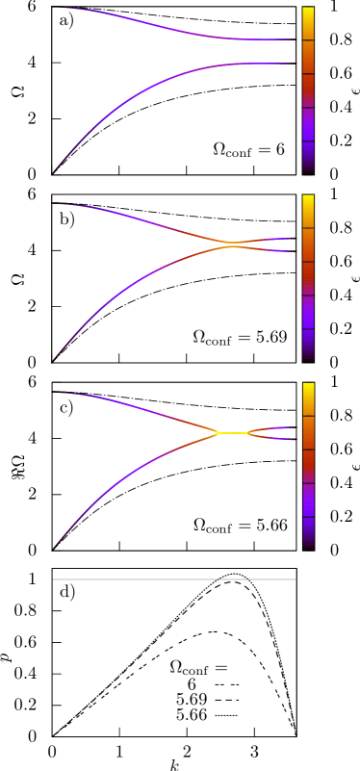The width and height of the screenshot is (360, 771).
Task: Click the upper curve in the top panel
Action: click(x=144, y=21)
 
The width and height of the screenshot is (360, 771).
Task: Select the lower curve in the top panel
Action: click(x=144, y=90)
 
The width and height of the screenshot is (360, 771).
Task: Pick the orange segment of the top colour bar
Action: click(x=308, y=57)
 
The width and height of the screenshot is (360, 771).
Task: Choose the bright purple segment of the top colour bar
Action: click(x=308, y=124)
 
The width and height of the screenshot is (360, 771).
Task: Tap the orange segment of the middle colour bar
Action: click(x=308, y=244)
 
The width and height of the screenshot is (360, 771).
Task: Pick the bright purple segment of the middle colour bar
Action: click(x=308, y=312)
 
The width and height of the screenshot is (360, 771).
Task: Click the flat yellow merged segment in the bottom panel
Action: click(x=233, y=433)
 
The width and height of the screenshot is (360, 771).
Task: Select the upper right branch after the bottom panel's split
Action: click(x=274, y=428)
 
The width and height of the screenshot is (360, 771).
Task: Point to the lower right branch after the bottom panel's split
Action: click(x=274, y=438)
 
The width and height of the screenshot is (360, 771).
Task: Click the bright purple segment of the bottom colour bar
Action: click(x=308, y=500)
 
